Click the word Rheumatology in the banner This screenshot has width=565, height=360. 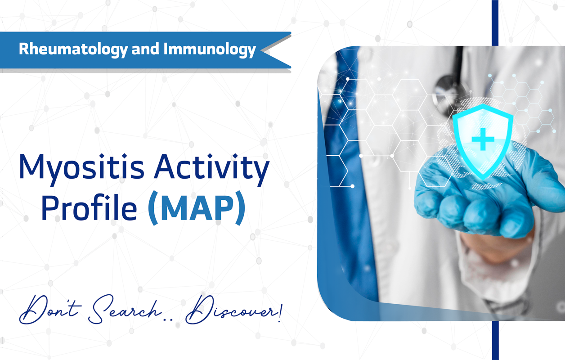(73, 49)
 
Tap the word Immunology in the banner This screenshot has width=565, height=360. (210, 49)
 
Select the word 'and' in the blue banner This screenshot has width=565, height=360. (145, 49)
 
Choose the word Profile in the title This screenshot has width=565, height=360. (89, 207)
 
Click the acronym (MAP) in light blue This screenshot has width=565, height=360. (197, 208)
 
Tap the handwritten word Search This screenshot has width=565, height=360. (126, 310)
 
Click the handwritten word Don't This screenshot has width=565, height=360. (50, 310)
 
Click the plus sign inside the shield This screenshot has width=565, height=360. (483, 139)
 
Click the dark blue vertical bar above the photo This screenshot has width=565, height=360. (495, 23)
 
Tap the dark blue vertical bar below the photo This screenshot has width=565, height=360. (495, 341)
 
